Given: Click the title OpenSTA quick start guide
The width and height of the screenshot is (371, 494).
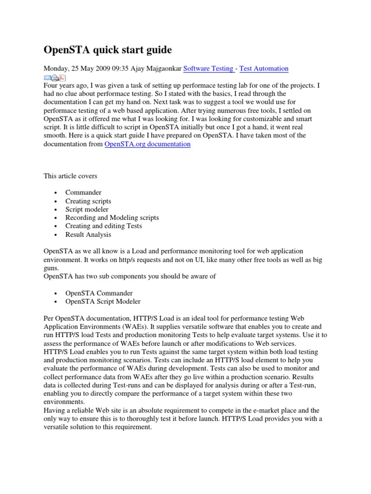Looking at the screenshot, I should tap(108, 50).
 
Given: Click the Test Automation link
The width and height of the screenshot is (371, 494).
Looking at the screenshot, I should tap(264, 69).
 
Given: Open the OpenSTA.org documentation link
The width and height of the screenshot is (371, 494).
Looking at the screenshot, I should tap(147, 144).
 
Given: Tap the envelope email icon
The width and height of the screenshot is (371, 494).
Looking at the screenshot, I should tap(47, 77).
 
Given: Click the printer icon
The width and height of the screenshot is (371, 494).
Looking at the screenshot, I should tap(55, 77).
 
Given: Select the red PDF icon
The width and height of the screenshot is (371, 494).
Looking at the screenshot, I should tap(62, 77).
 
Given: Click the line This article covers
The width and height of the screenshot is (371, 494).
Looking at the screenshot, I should tap(71, 177).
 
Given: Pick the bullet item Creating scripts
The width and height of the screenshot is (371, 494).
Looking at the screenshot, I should tap(88, 201).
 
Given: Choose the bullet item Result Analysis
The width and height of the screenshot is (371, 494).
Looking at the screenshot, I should tap(88, 234).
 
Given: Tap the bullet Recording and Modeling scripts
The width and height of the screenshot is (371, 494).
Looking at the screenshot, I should tap(112, 218).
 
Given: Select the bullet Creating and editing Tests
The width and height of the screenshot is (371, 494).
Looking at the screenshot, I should tap(104, 226).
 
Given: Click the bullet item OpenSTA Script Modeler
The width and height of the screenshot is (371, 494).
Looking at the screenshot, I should tap(103, 302).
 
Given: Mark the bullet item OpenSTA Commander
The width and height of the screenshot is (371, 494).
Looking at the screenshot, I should tap(99, 293).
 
